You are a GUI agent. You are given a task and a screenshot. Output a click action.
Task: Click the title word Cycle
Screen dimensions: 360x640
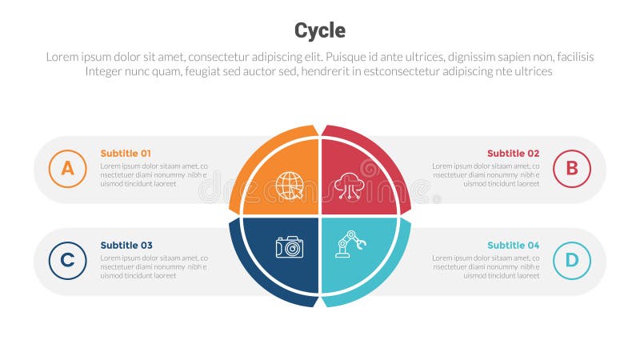320,30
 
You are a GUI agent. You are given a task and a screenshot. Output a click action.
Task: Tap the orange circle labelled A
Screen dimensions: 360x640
67,168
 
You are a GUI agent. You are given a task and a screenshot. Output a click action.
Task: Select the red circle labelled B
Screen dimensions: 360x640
571,168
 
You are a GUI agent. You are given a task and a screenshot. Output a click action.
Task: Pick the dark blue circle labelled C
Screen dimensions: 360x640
67,260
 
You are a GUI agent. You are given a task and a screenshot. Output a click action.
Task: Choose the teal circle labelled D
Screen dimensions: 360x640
571,260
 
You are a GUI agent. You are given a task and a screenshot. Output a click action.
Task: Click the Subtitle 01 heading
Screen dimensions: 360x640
126,153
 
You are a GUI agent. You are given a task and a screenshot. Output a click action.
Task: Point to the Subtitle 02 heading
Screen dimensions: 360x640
513,153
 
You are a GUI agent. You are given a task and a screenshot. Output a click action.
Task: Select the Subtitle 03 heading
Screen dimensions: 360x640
126,245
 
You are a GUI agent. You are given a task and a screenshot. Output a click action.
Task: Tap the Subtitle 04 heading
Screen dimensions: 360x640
513,245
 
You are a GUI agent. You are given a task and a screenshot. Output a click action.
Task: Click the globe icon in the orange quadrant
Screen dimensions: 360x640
289,185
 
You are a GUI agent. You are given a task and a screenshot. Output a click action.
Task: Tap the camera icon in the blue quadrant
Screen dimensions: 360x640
289,247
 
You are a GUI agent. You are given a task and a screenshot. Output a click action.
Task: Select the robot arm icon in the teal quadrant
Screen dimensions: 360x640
350,245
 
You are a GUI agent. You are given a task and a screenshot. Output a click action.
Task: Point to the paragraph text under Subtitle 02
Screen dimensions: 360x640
486,174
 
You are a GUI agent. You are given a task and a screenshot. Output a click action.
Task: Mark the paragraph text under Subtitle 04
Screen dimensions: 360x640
486,266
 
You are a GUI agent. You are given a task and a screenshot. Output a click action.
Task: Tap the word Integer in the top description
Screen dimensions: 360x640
107,71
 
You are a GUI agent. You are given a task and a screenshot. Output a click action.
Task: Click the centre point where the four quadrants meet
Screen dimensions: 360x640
320,216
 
